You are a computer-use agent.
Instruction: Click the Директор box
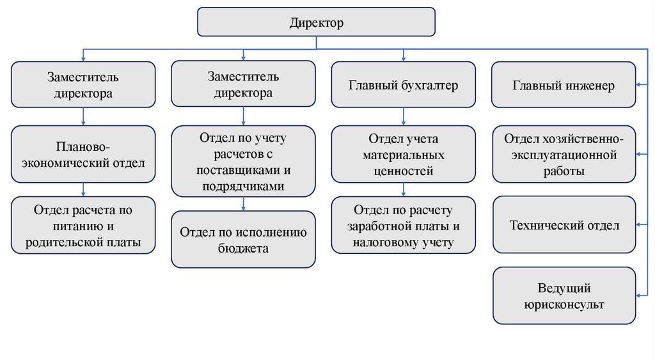coord(316,22)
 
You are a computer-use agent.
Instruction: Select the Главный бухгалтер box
coord(403,84)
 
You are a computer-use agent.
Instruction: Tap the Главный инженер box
coord(563,85)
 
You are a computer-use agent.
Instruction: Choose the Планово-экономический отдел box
coord(83,155)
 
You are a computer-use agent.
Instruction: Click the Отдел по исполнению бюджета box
coord(243,239)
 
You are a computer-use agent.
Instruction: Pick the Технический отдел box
coord(564,225)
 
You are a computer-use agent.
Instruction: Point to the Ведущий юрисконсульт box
coord(564,296)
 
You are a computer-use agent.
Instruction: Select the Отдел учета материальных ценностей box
coord(403,154)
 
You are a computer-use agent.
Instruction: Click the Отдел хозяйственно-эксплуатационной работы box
coord(564,154)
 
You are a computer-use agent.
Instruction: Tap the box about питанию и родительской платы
coord(83,225)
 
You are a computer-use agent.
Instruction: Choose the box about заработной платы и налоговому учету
coord(403,225)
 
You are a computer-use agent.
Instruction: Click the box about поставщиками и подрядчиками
coord(243,160)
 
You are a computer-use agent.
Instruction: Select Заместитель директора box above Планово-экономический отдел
coord(83,84)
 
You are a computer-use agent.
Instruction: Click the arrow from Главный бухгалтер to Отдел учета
coord(403,116)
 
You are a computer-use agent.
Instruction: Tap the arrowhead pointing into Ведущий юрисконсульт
coord(640,295)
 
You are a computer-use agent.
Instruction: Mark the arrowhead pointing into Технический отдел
coord(640,225)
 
